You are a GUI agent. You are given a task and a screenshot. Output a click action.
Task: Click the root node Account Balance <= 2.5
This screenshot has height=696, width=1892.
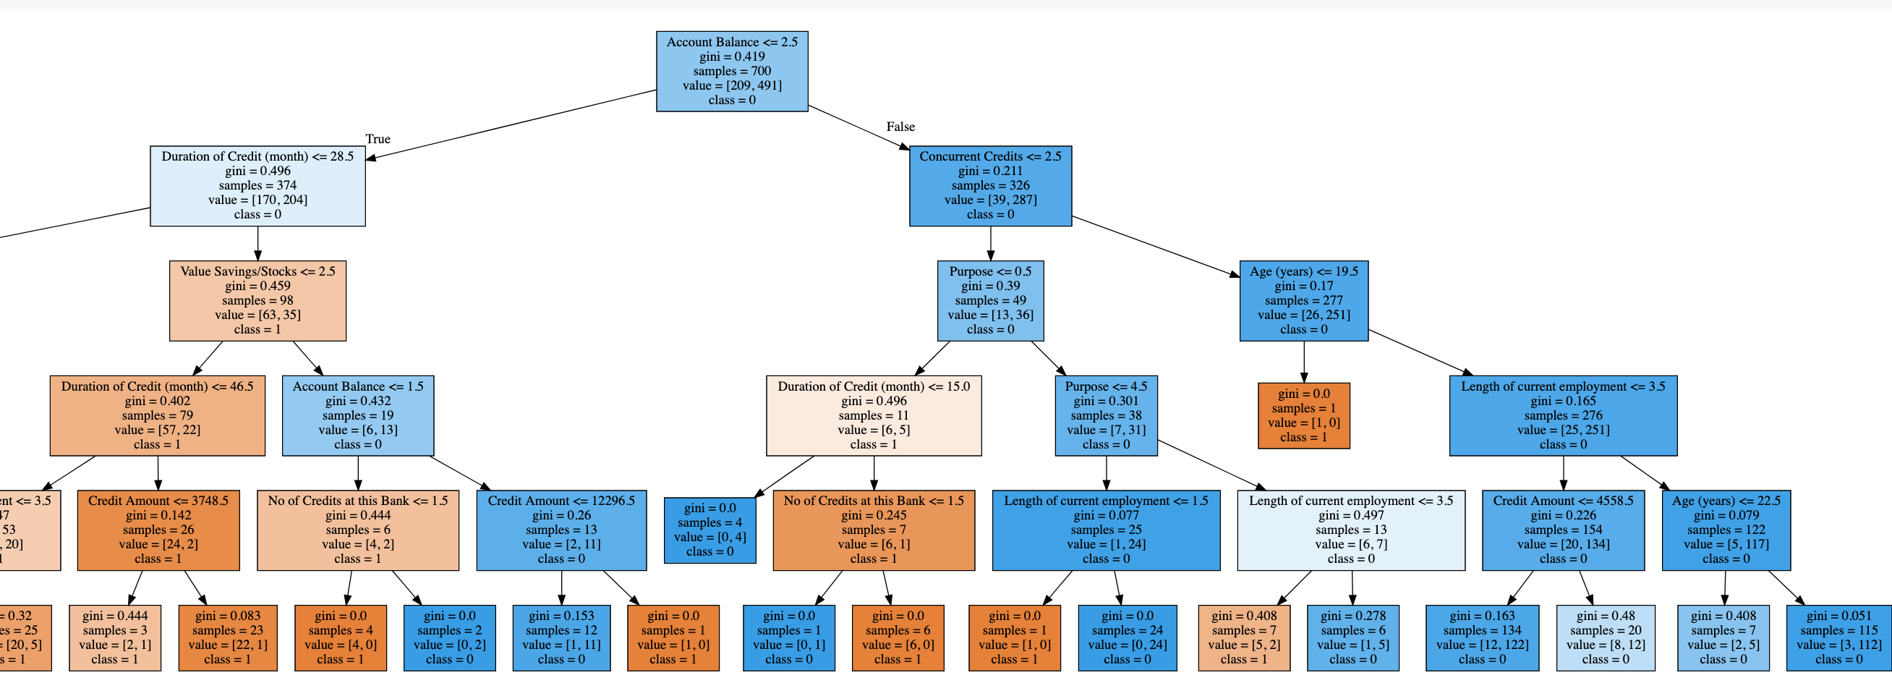(x=731, y=72)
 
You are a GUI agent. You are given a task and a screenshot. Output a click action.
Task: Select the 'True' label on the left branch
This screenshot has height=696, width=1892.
(x=378, y=139)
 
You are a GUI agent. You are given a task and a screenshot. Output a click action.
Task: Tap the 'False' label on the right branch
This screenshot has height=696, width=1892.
(x=900, y=127)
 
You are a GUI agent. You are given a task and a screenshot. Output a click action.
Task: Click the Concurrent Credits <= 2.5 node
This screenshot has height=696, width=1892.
(x=990, y=185)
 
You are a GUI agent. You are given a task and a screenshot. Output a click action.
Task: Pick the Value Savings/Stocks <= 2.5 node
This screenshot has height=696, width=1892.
(x=257, y=300)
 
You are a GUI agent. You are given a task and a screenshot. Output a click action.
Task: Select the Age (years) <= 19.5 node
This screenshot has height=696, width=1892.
(x=1304, y=300)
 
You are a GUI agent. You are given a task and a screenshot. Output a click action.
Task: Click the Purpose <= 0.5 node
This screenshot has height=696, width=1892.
(x=990, y=300)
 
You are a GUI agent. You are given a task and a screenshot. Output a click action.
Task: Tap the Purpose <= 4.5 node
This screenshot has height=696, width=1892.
(x=1106, y=415)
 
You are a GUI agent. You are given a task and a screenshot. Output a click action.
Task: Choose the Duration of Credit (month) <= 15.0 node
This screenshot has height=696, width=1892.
(x=873, y=415)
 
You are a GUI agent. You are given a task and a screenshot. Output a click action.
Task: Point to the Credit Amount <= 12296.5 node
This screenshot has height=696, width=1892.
(x=561, y=530)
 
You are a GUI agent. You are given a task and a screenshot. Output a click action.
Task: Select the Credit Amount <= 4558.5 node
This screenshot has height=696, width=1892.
(x=1563, y=530)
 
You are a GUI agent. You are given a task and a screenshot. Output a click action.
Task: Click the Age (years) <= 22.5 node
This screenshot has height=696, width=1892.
(x=1726, y=530)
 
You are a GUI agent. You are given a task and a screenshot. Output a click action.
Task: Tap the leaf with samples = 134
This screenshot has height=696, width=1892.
(x=1481, y=637)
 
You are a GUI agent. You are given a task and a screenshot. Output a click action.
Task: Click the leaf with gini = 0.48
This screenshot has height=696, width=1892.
(x=1605, y=637)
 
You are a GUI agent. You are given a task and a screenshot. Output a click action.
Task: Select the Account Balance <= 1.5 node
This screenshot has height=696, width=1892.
(x=358, y=415)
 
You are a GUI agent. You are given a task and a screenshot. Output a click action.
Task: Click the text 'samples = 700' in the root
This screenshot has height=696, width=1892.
(x=731, y=72)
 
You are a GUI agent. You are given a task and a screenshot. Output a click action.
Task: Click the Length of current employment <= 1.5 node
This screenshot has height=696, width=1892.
(x=1105, y=530)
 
